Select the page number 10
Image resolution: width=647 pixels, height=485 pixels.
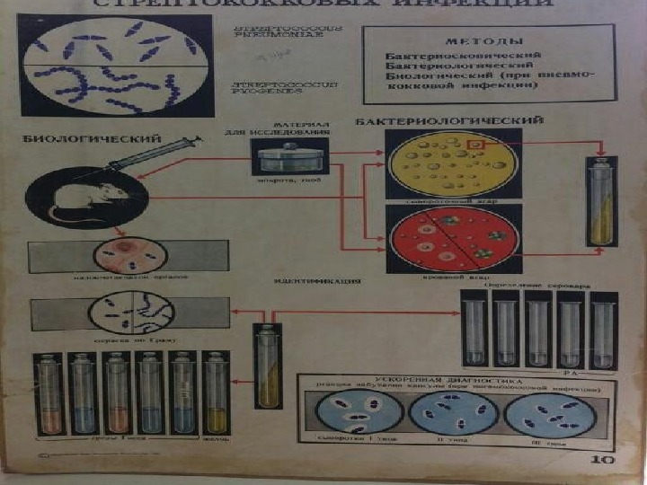[601, 460]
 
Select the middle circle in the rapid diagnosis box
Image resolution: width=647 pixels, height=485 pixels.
[454, 416]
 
